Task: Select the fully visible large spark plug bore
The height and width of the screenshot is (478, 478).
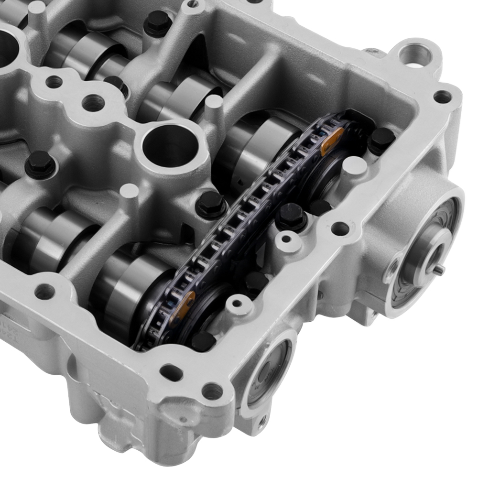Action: point(168,142)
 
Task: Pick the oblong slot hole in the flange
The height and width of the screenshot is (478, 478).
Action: point(169,372)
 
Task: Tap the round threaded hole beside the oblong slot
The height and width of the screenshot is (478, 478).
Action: point(210,391)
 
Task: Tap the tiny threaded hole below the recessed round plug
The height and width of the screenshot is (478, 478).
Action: point(261,421)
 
